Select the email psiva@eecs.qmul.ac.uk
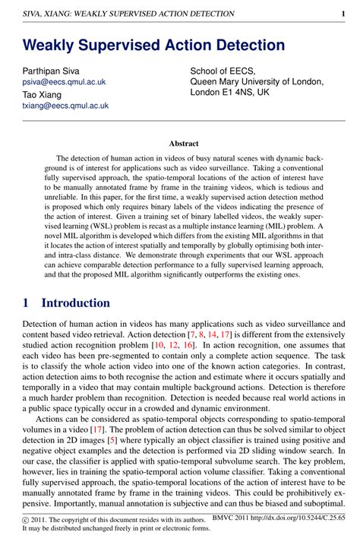64,81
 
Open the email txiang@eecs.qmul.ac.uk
65,106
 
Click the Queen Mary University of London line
257,82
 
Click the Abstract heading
184,144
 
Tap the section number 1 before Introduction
27,303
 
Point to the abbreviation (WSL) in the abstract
122,226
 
